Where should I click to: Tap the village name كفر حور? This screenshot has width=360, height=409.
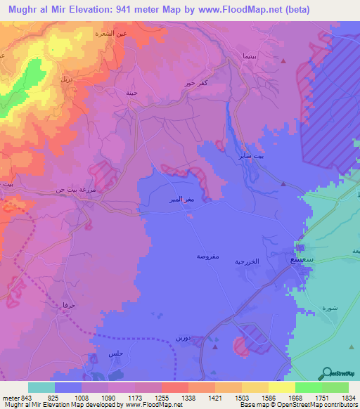(192, 83)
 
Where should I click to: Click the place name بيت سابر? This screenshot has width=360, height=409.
(252, 156)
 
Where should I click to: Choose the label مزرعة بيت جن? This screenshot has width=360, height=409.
(71, 190)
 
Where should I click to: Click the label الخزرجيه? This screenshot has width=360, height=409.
(266, 261)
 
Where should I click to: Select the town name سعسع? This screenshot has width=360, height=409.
(300, 259)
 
